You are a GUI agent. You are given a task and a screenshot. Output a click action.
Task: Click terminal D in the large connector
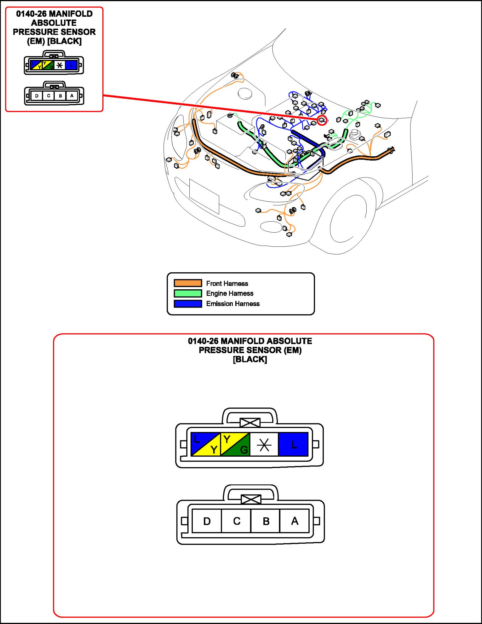pyautogui.click(x=207, y=521)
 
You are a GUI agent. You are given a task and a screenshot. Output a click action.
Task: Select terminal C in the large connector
pyautogui.click(x=236, y=521)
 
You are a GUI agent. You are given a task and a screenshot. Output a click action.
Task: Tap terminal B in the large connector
pyautogui.click(x=266, y=521)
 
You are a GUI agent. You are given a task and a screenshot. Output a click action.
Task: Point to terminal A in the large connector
pyautogui.click(x=295, y=521)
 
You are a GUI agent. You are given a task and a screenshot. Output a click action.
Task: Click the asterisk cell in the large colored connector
pyautogui.click(x=264, y=445)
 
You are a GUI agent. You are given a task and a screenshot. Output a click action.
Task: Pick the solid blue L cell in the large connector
pyautogui.click(x=293, y=444)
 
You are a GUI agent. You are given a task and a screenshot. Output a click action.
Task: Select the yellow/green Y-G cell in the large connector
pyautogui.click(x=235, y=444)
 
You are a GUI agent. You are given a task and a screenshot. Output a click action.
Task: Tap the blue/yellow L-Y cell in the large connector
pyautogui.click(x=206, y=444)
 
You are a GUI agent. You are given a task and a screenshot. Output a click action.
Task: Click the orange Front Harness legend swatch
pyautogui.click(x=188, y=283)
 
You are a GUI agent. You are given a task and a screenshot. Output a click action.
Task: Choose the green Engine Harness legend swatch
pyautogui.click(x=188, y=293)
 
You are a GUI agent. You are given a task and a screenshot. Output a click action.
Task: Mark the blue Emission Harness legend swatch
pyautogui.click(x=188, y=303)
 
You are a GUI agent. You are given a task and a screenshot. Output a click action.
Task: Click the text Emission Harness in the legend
pyautogui.click(x=233, y=303)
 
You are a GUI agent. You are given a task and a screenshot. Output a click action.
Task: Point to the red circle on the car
pyautogui.click(x=322, y=120)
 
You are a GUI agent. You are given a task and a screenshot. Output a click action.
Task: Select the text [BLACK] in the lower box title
pyautogui.click(x=250, y=359)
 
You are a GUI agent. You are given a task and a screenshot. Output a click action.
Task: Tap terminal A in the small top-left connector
pyautogui.click(x=72, y=95)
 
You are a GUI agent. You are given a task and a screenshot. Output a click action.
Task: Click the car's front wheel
pyautogui.click(x=348, y=217)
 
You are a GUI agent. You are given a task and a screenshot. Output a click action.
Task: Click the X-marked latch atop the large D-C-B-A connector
pyautogui.click(x=251, y=499)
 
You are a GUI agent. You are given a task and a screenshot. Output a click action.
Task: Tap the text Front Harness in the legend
pyautogui.click(x=227, y=283)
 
